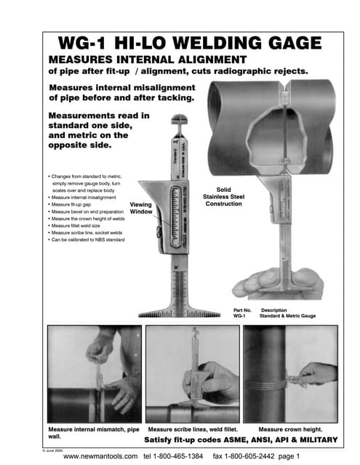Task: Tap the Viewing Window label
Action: click(x=140, y=209)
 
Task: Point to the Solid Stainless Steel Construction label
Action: click(x=219, y=195)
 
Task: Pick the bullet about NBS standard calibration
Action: click(x=88, y=239)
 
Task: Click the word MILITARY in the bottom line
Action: click(x=316, y=441)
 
